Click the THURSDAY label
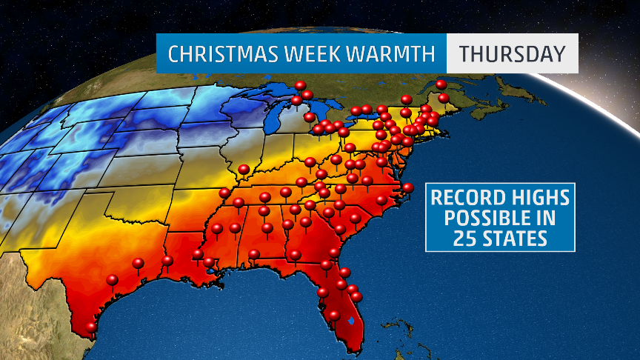tap(512, 54)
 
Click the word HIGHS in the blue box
tap(537, 199)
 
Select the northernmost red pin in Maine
tap(441, 84)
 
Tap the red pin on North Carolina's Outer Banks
tap(407, 187)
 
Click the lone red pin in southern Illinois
tap(244, 170)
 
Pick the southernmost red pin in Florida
tap(334, 316)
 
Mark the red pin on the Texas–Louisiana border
tap(168, 261)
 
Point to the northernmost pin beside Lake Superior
tap(300, 85)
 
